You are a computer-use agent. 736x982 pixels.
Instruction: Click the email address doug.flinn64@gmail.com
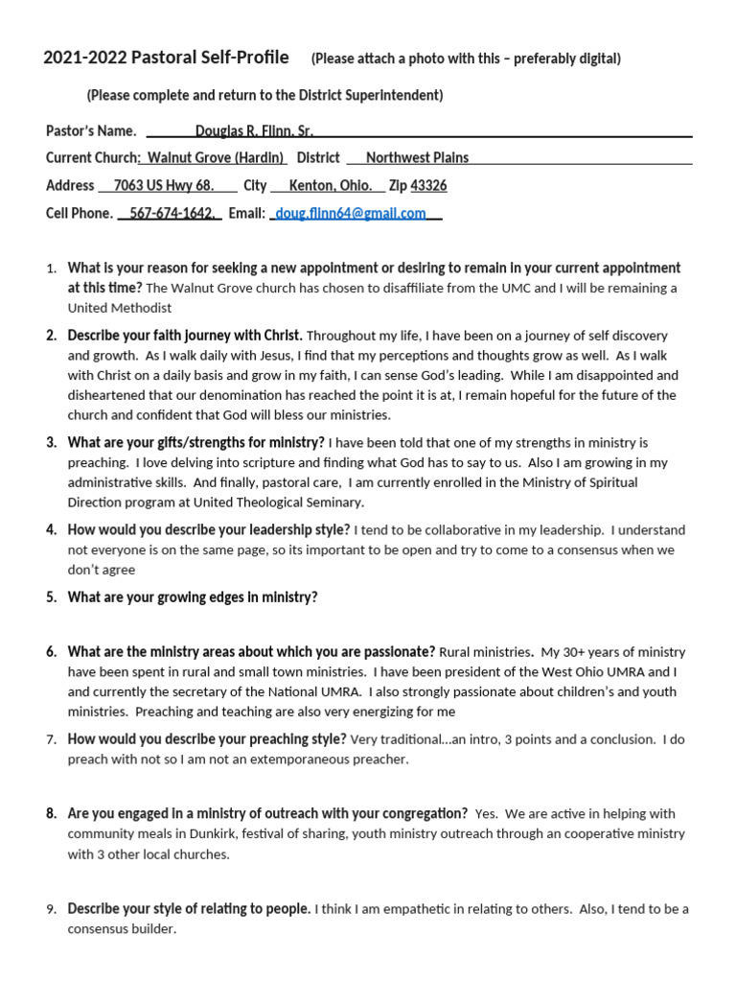pos(350,214)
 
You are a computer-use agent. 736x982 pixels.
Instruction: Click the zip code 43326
pos(428,186)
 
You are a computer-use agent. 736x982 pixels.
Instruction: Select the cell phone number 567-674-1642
pos(172,214)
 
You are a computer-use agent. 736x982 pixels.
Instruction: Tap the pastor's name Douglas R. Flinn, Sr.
pos(254,131)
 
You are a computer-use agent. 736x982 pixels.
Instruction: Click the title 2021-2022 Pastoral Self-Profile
pos(166,58)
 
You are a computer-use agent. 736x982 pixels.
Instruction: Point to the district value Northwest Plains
pos(417,158)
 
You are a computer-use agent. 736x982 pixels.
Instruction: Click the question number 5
pos(51,597)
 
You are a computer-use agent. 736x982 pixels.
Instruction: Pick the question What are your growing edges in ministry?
pos(193,597)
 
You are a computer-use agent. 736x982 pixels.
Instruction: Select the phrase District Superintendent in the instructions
pos(368,96)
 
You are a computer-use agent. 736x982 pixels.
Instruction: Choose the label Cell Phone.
pos(80,214)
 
